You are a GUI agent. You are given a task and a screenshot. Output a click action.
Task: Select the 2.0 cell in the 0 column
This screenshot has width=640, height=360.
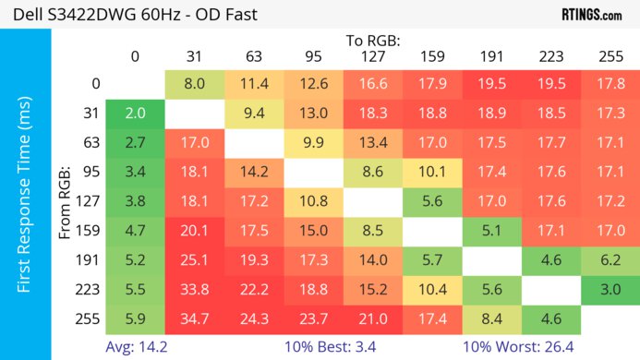point(135,114)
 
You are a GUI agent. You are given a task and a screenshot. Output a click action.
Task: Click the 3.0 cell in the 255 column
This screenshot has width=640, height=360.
point(610,289)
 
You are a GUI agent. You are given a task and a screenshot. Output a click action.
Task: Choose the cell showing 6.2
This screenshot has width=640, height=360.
point(610,259)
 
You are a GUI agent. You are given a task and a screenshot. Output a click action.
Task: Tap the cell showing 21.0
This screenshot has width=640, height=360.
point(372,318)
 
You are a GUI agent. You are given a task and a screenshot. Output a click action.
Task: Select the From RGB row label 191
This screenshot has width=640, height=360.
point(91,259)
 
